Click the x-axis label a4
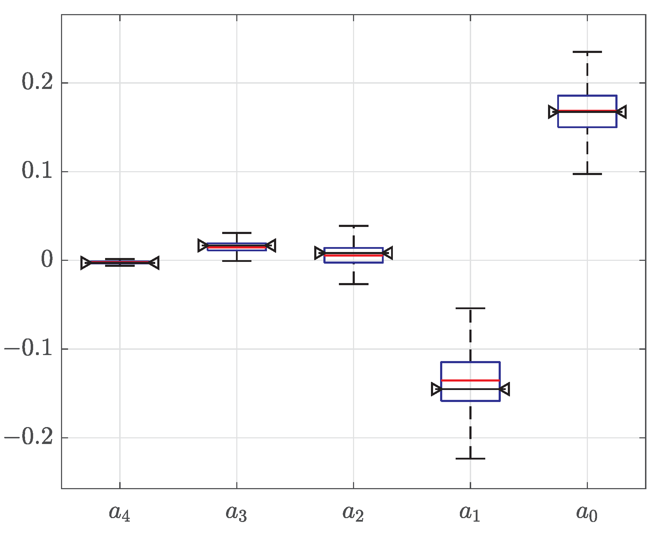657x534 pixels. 120,513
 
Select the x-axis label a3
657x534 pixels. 236,513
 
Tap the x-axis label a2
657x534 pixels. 353,513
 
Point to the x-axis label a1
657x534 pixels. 470,513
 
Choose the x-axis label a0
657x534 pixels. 587,513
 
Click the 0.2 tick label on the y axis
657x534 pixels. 37,82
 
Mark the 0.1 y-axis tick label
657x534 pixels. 37,171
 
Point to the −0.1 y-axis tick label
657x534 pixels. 29,349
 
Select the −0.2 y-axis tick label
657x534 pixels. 29,438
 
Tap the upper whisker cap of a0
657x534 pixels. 587,52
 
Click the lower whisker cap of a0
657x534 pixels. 587,174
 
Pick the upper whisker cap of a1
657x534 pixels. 470,308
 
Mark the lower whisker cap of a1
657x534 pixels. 470,458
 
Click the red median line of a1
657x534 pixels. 470,380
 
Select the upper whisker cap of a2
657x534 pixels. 353,226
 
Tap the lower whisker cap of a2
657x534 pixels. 353,284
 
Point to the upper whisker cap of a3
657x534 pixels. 237,233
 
